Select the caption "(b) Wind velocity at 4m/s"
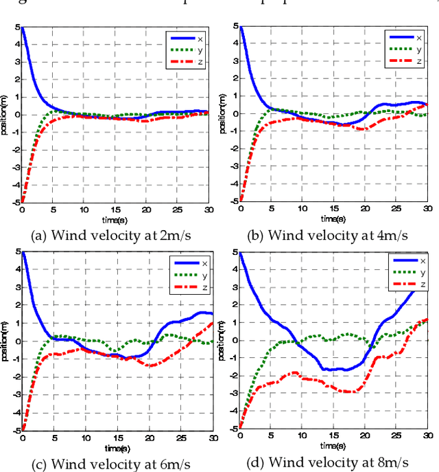click(329, 234)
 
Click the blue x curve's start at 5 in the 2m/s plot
click(23, 27)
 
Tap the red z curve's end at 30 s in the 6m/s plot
click(212, 323)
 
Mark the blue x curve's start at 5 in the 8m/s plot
click(239, 253)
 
